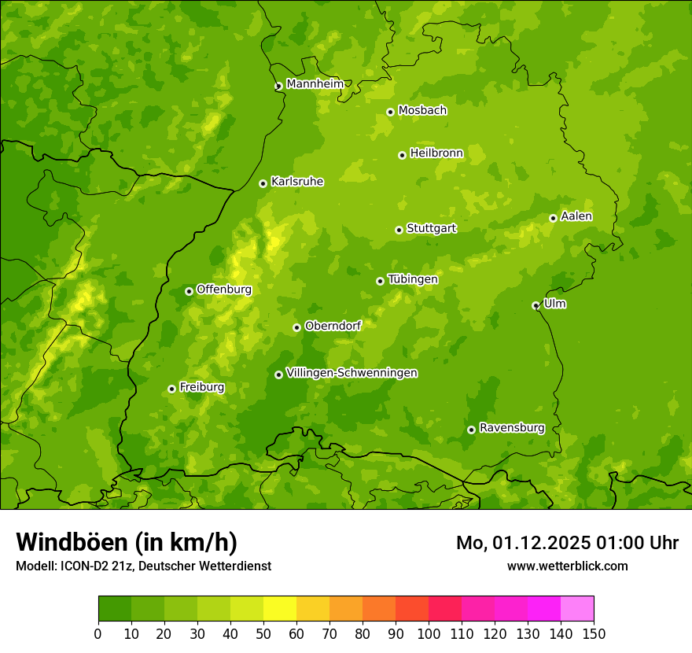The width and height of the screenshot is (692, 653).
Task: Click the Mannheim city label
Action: [x=315, y=84]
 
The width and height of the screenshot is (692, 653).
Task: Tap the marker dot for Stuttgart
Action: [x=399, y=230]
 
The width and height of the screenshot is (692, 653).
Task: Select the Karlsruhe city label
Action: [x=297, y=182]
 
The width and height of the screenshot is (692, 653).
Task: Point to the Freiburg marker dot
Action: [x=171, y=389]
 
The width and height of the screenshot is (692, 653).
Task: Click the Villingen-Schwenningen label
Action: [x=352, y=373]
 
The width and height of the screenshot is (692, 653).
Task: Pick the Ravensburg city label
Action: [x=512, y=428]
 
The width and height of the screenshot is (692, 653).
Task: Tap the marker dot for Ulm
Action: [x=536, y=305]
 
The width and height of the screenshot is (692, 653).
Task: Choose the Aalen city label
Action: [x=576, y=216]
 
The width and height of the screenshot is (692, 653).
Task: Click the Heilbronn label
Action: [x=436, y=153]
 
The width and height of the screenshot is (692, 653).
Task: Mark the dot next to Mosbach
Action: [x=390, y=112]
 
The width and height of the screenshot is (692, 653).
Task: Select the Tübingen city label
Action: [x=413, y=279]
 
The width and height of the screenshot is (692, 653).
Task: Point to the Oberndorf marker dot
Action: [x=296, y=327]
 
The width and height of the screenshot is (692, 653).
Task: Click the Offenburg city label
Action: [x=224, y=290]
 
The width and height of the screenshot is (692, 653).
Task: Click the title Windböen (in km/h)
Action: [x=127, y=542]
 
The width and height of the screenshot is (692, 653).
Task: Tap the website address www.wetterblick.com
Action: [x=567, y=566]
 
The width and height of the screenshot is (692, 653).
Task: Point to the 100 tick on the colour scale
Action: [x=429, y=633]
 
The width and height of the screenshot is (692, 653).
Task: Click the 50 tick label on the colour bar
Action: [x=263, y=633]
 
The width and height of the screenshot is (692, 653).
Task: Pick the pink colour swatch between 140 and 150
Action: [x=577, y=609]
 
